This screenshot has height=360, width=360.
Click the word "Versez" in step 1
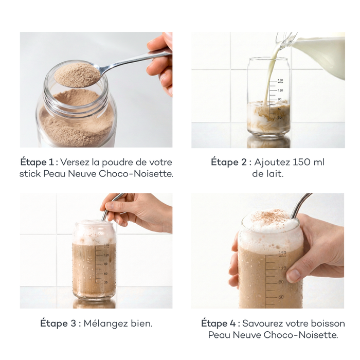[x=75, y=162]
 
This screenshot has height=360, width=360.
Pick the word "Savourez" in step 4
[x=262, y=323]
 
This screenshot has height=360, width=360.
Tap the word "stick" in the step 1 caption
[x=30, y=174]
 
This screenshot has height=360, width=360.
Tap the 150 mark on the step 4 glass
[x=282, y=253]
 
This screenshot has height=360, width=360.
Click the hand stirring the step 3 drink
[x=141, y=211]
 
